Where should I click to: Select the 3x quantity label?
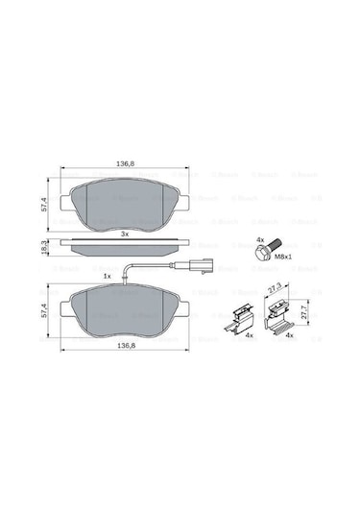tap(124, 234)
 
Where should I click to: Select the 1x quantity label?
tap(108, 276)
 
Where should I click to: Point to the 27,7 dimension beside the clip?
tap(305, 313)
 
